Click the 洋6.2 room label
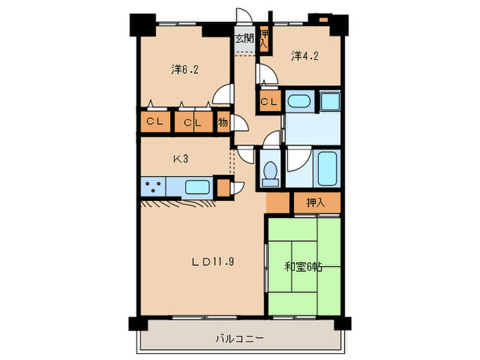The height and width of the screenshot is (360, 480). pos(185,69)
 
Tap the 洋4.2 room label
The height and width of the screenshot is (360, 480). pos(304,56)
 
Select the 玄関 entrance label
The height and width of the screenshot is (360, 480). pos(243,38)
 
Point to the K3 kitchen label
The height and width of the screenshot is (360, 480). pos(180,160)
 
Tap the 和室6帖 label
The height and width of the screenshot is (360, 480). pos(304,266)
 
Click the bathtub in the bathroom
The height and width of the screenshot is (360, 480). pos(327,167)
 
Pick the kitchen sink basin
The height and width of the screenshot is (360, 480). pos(198,186)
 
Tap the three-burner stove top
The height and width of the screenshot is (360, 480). pos(154,186)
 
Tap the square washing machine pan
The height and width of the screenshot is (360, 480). pos(331,101)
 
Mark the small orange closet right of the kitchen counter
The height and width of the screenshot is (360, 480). pos(223,187)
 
